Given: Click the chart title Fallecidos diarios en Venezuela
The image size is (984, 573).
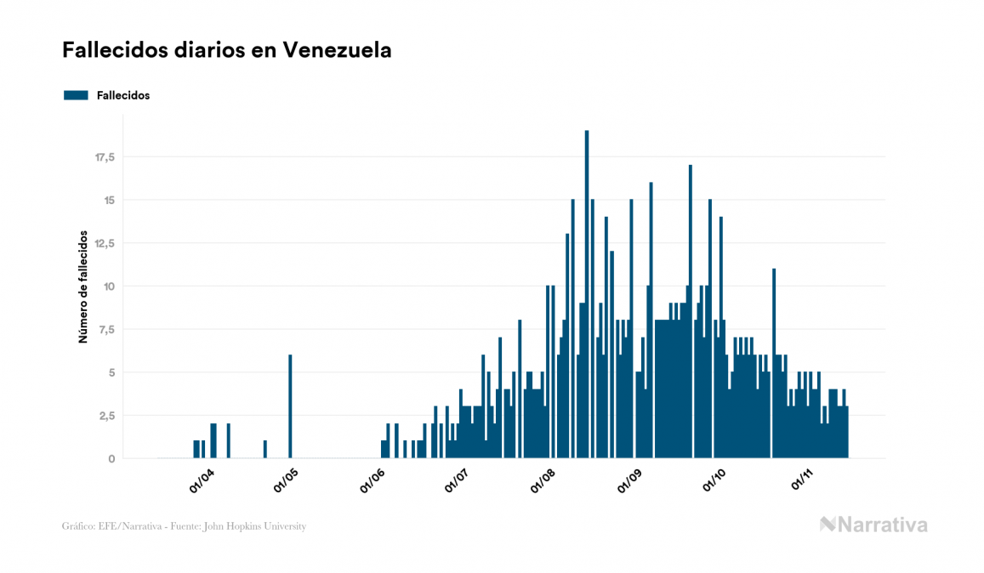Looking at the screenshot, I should tap(226, 50).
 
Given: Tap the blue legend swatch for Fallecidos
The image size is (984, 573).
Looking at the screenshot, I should tap(76, 95).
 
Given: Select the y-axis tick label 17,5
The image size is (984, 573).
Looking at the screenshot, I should tap(105, 157).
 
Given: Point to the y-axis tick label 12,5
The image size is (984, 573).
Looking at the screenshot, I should tap(105, 243).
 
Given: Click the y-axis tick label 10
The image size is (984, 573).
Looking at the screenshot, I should tap(109, 286).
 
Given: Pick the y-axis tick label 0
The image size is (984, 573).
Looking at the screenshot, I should tap(111, 459).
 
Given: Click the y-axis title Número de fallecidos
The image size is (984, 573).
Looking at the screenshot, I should tap(83, 286).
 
